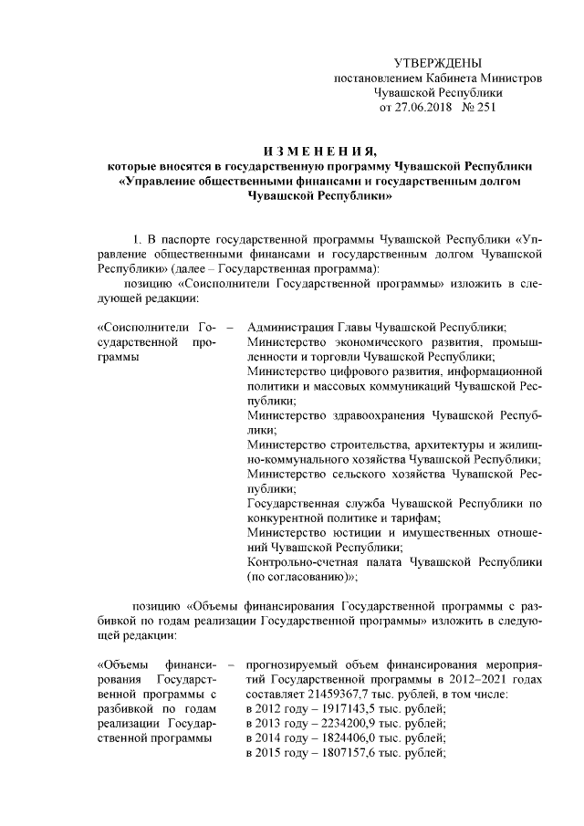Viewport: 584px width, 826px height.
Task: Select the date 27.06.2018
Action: [x=419, y=108]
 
